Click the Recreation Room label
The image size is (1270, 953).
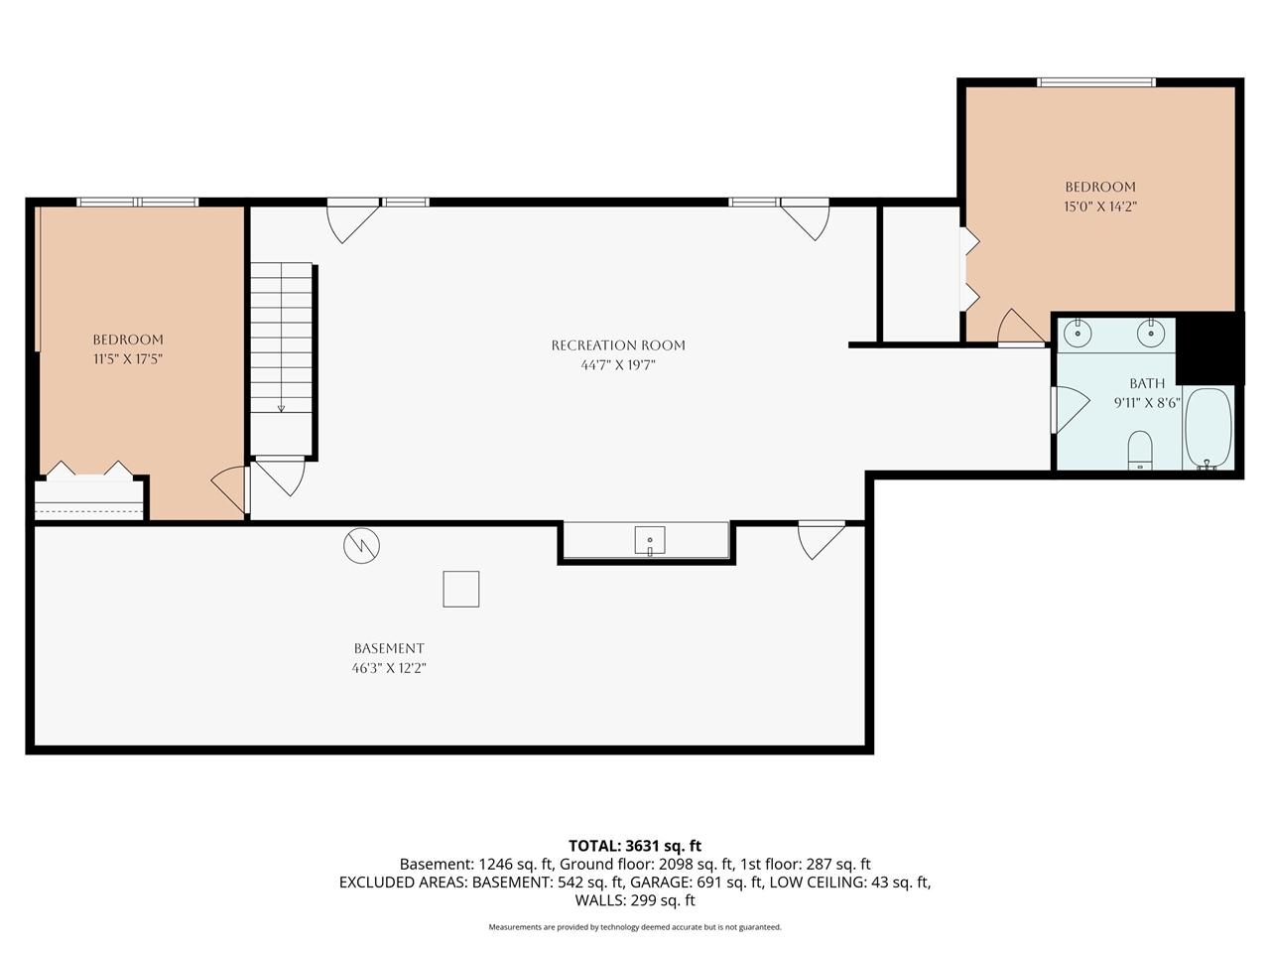tap(618, 345)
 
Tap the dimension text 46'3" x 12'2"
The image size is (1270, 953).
tap(389, 669)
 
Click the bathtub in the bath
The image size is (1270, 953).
tap(1207, 428)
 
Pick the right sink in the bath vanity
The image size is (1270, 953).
tap(1150, 333)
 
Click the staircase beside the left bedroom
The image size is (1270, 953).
tap(282, 338)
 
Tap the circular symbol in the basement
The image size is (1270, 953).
tap(361, 545)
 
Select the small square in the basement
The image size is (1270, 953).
tap(460, 589)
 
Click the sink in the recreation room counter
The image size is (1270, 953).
tap(650, 541)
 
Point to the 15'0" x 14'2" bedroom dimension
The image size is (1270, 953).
tap(1100, 207)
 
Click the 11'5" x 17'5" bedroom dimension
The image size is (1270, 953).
tap(128, 359)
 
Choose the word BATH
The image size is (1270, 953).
tap(1147, 383)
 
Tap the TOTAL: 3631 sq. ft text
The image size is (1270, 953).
tap(635, 846)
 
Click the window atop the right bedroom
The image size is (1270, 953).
tap(1096, 82)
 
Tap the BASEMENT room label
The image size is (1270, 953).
tap(389, 648)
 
